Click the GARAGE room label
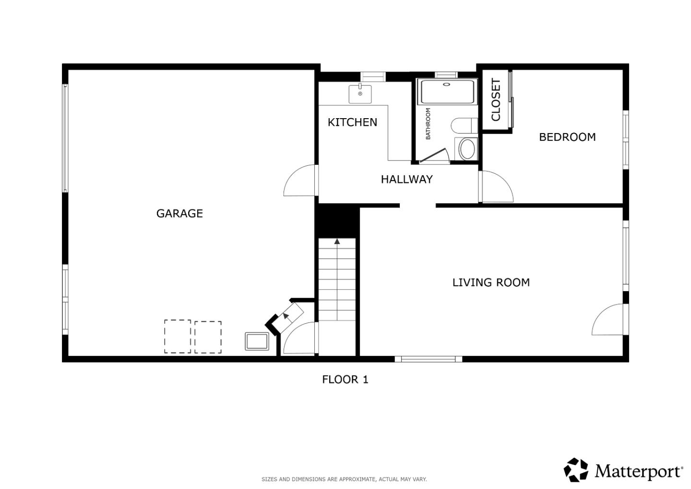coord(179,213)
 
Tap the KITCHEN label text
coord(352,122)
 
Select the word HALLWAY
coord(406,179)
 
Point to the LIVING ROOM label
coord(491,282)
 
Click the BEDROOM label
coord(567,137)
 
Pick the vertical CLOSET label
coord(496,100)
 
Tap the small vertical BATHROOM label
coord(428,123)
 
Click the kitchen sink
coord(360,94)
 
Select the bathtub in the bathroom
coord(447,92)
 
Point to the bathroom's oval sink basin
coord(466,149)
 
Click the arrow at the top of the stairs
coord(337,241)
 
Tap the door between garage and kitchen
coord(301,181)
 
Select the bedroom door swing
coord(497,187)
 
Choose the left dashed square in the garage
coord(178,336)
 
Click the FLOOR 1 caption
coord(345,379)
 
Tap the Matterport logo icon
coord(576,470)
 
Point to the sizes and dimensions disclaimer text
coord(344,479)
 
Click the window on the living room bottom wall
coord(428,359)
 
